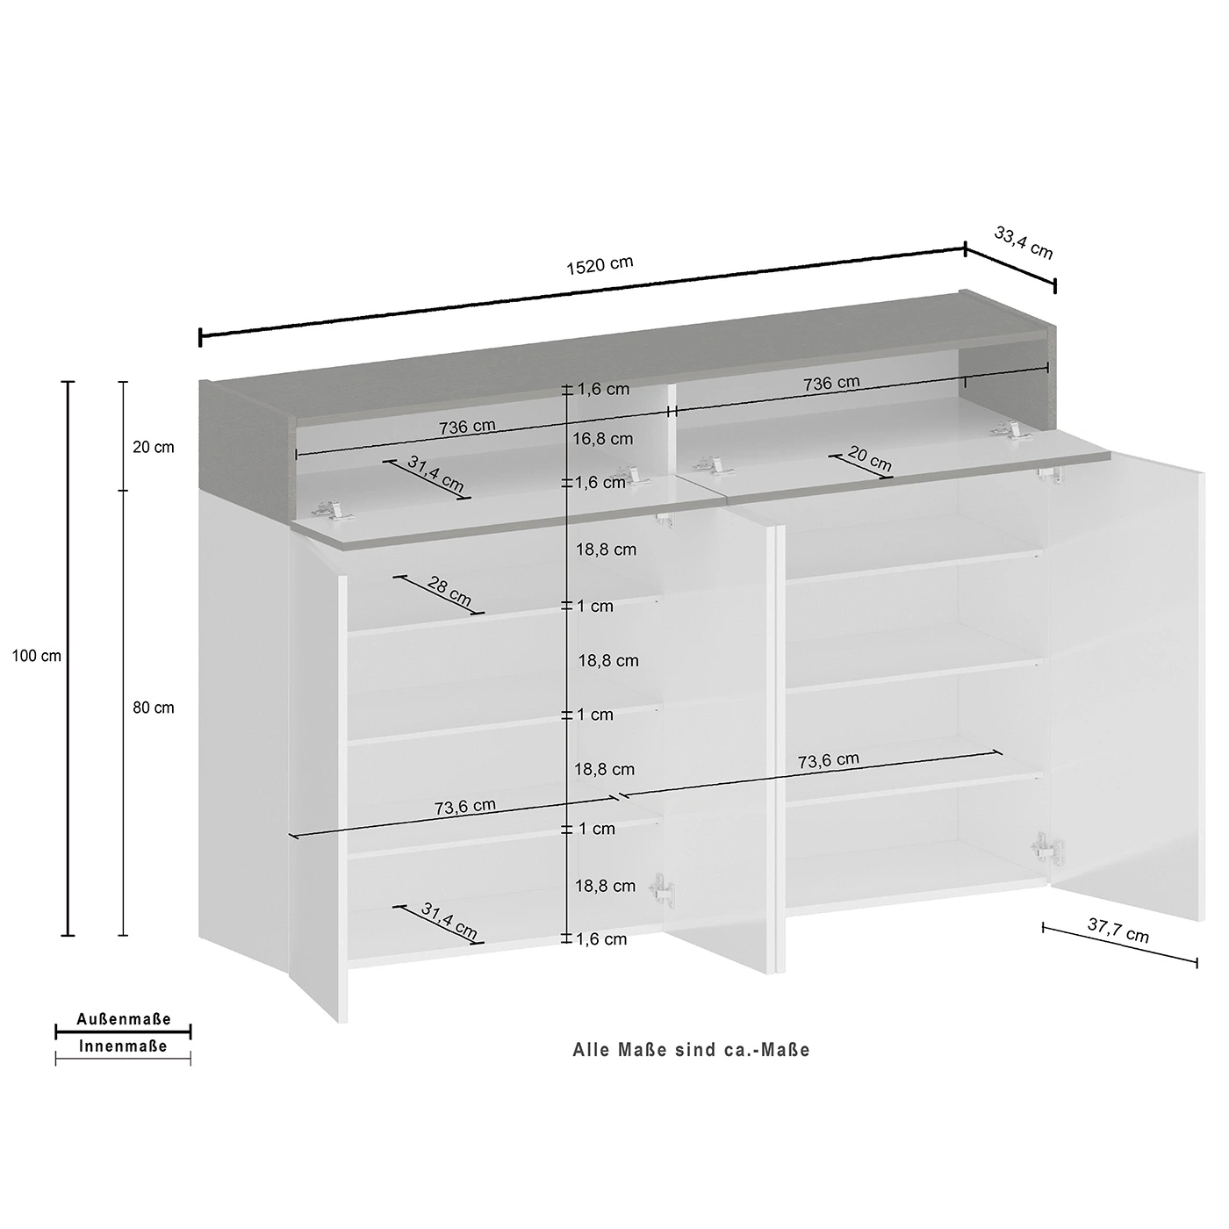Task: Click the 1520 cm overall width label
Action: tap(600, 265)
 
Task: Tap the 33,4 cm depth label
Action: tap(1023, 243)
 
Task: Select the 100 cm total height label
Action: tap(36, 656)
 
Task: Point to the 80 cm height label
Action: tap(153, 708)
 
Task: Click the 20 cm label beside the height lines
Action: tap(153, 447)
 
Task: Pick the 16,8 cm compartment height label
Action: tap(603, 439)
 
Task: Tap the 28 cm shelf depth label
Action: tap(449, 591)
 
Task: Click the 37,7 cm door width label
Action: tap(1118, 931)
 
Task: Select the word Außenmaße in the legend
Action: tap(124, 1019)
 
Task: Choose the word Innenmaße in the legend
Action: tap(123, 1046)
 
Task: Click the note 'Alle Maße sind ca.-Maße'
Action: tap(692, 1050)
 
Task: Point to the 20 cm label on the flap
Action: tap(869, 459)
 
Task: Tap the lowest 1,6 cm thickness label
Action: tap(601, 938)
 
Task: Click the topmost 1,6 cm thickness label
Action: tap(603, 388)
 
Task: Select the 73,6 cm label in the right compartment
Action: tap(829, 760)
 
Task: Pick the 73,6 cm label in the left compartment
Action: tap(465, 807)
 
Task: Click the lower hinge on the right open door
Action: tap(1046, 849)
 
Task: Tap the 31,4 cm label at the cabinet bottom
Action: tap(449, 920)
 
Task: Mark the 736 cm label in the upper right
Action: tap(831, 384)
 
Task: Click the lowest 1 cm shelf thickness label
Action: tap(596, 829)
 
